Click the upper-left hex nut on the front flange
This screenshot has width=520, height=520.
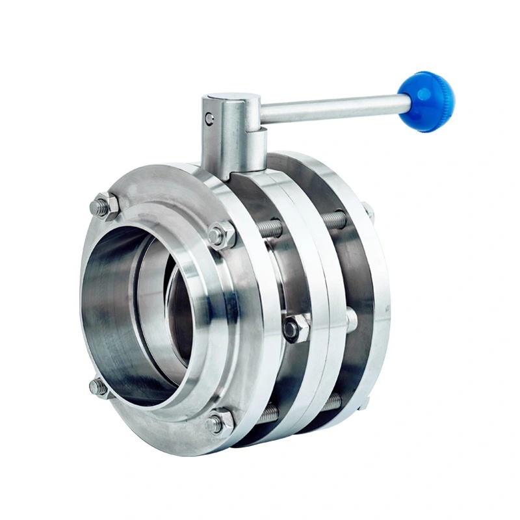coord(104,207)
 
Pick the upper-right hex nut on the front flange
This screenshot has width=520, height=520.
coord(221,235)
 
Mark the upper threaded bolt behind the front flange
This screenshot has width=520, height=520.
coord(270,229)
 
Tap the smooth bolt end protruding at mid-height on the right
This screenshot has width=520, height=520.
coord(351,320)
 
